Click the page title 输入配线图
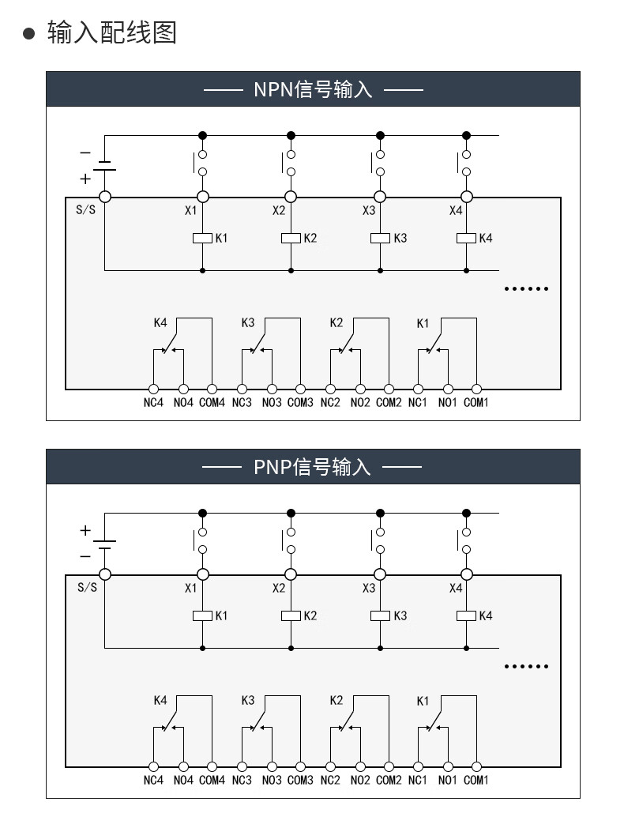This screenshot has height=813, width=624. pyautogui.click(x=111, y=33)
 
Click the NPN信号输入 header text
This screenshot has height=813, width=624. pyautogui.click(x=313, y=89)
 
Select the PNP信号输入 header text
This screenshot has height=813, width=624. pyautogui.click(x=312, y=467)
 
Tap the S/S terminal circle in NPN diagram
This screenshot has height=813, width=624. pyautogui.click(x=104, y=197)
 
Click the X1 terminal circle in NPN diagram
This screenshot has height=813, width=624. pyautogui.click(x=202, y=197)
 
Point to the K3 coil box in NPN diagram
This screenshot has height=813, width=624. pyautogui.click(x=380, y=238)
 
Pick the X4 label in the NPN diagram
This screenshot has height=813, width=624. pyautogui.click(x=456, y=211)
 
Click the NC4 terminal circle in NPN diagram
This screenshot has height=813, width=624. pyautogui.click(x=153, y=389)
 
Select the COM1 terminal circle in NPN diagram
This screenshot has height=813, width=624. pyautogui.click(x=476, y=389)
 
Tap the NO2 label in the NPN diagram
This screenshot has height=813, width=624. pyautogui.click(x=359, y=403)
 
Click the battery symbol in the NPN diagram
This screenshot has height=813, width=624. pyautogui.click(x=104, y=167)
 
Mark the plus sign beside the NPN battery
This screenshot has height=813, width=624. pyautogui.click(x=85, y=179)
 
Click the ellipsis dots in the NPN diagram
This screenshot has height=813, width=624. pyautogui.click(x=526, y=288)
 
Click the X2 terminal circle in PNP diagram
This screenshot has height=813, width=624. pyautogui.click(x=291, y=574)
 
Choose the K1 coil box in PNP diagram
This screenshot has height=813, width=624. pyautogui.click(x=202, y=615)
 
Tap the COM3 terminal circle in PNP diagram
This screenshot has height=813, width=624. pyautogui.click(x=300, y=766)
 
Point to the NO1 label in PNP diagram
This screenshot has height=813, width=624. pyautogui.click(x=448, y=781)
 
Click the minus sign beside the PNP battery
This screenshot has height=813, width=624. pyautogui.click(x=85, y=556)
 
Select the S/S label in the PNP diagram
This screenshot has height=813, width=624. pyautogui.click(x=87, y=588)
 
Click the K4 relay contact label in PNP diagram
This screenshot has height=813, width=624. pyautogui.click(x=160, y=700)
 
